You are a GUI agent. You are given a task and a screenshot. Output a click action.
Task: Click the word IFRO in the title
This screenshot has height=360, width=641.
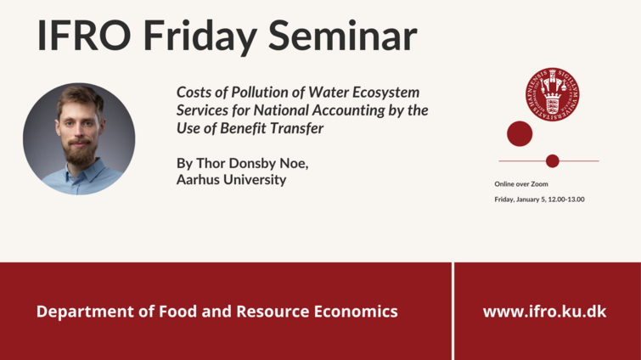click(x=84, y=35)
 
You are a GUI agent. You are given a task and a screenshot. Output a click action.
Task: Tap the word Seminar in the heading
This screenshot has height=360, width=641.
click(x=343, y=35)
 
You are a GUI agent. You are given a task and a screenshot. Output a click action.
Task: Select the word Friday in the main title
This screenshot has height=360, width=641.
click(x=200, y=37)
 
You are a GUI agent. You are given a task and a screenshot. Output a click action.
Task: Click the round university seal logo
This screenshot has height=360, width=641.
click(x=553, y=94)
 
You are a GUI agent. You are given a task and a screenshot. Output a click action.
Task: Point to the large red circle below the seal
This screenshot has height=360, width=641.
click(x=520, y=133)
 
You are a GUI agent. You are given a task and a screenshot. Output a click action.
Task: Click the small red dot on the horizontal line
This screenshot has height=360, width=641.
click(x=553, y=161)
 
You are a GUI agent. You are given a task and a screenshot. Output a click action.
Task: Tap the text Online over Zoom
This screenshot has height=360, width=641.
click(x=521, y=184)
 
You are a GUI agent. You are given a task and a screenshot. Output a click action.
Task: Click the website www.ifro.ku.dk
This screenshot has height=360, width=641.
click(x=544, y=312)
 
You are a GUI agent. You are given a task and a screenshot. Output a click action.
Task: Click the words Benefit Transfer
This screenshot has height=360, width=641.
click(x=272, y=128)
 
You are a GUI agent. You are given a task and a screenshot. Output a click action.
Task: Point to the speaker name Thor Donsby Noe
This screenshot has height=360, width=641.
click(x=252, y=164)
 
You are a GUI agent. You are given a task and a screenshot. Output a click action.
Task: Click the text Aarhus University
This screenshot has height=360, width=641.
click(x=232, y=179)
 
